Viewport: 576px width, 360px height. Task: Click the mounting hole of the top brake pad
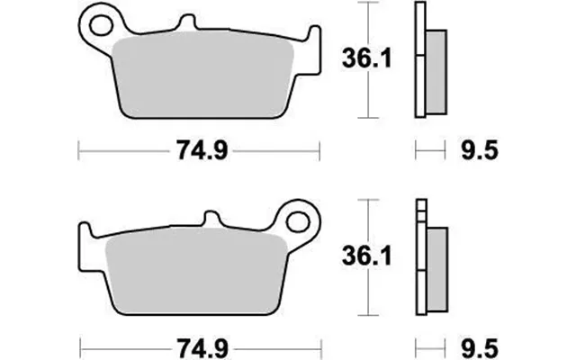pyautogui.click(x=101, y=25)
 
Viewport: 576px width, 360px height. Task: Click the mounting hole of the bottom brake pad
pyautogui.click(x=298, y=222)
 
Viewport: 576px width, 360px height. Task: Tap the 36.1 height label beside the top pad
pyautogui.click(x=366, y=58)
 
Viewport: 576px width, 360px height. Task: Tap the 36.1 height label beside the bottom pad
pyautogui.click(x=366, y=256)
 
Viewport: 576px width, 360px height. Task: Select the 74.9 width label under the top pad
pyautogui.click(x=202, y=150)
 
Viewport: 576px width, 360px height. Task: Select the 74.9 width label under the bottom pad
pyautogui.click(x=202, y=348)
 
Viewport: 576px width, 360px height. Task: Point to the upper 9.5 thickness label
pyautogui.click(x=480, y=150)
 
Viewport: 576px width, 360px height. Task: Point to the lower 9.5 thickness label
pyautogui.click(x=480, y=348)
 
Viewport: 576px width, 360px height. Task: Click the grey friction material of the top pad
pyautogui.click(x=202, y=74)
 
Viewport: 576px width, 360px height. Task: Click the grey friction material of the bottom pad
pyautogui.click(x=196, y=271)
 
